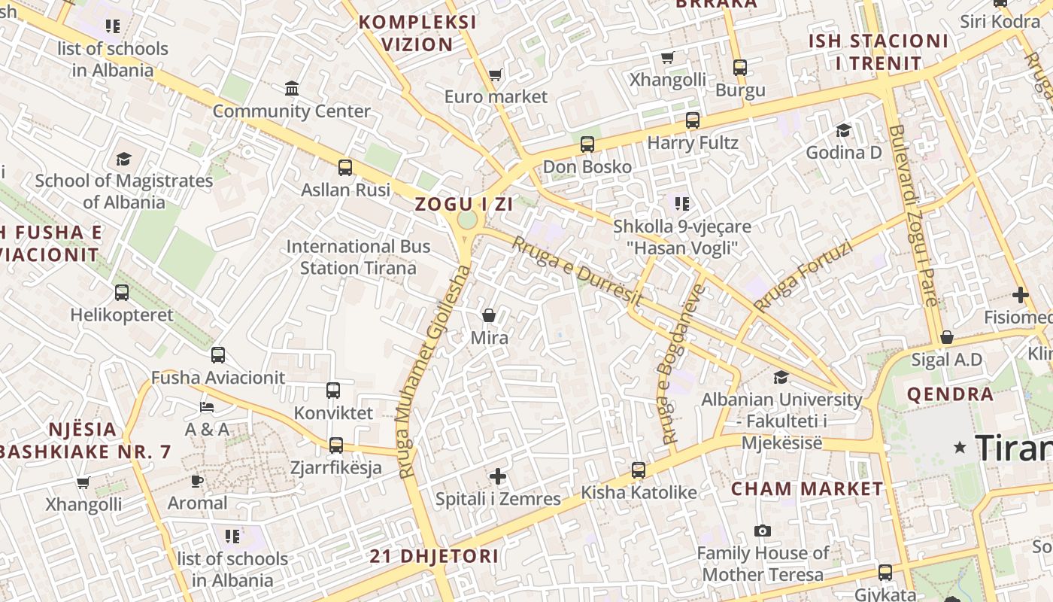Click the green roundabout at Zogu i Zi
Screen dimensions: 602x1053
pyautogui.click(x=467, y=220)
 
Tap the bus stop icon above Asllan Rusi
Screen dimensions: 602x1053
pyautogui.click(x=345, y=168)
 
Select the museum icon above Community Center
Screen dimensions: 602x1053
pyautogui.click(x=292, y=89)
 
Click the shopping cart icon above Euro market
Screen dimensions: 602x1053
pyautogui.click(x=496, y=74)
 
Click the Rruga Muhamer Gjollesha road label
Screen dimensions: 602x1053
pyautogui.click(x=433, y=372)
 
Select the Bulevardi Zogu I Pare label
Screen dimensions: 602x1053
pyautogui.click(x=913, y=215)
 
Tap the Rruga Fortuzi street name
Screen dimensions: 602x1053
pyautogui.click(x=803, y=276)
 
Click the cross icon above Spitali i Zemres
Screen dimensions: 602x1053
pyautogui.click(x=498, y=476)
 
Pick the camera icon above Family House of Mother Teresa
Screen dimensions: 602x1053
pyautogui.click(x=763, y=531)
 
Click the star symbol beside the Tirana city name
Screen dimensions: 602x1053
pyautogui.click(x=960, y=448)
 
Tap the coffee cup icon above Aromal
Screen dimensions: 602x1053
pyautogui.click(x=197, y=481)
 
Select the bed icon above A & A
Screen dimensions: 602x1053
pyautogui.click(x=207, y=407)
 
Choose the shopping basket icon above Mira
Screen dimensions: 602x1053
pyautogui.click(x=489, y=315)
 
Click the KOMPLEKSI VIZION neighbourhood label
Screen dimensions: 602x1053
pyautogui.click(x=417, y=33)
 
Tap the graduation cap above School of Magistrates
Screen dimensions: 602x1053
pyautogui.click(x=123, y=159)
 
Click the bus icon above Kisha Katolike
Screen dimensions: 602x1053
pyautogui.click(x=639, y=470)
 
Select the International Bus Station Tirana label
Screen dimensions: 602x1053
pyautogui.click(x=358, y=257)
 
